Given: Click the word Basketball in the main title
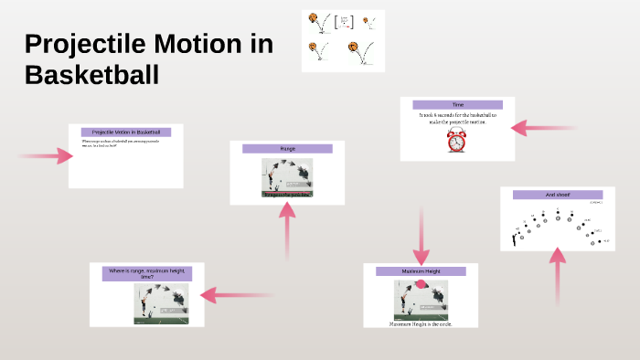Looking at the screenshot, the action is (x=91, y=75).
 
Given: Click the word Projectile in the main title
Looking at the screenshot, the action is (x=75, y=44).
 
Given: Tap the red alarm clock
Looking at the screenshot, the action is (x=457, y=140).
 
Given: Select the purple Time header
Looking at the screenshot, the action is (x=457, y=105).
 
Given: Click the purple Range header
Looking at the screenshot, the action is (x=286, y=148).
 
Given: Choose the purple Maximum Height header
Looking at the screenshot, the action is (x=421, y=271).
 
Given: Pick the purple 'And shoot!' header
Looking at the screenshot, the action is (x=557, y=195).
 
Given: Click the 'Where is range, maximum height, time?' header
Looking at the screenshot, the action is (x=146, y=273).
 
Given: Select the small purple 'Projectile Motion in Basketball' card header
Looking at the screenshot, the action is (x=126, y=132).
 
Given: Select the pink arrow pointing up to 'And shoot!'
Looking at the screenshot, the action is (x=558, y=279).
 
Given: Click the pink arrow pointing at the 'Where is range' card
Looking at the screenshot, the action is (x=236, y=294).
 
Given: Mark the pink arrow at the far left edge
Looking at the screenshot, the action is (x=46, y=156).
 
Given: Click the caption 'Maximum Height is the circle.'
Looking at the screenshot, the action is (x=421, y=323).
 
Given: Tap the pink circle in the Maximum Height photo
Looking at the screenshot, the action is (x=421, y=284).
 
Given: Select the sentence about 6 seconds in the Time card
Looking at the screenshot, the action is (x=457, y=119).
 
